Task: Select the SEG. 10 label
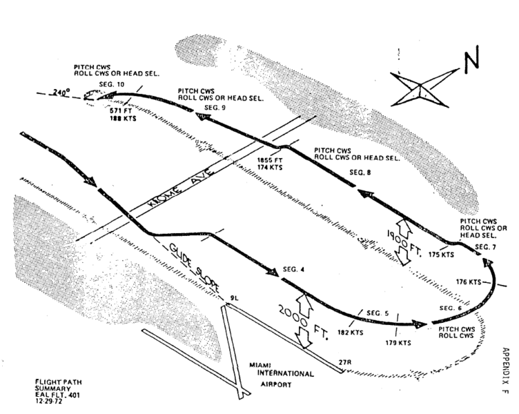click(x=112, y=84)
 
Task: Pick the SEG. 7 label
click(x=484, y=246)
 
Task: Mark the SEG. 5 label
click(x=377, y=314)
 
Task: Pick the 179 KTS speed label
click(x=398, y=342)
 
